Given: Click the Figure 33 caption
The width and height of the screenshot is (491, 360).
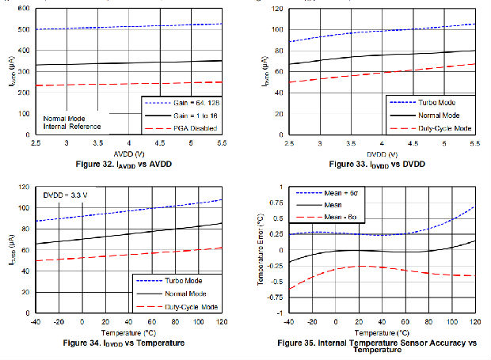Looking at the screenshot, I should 371,163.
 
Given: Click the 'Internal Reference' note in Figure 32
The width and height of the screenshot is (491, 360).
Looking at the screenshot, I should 73,127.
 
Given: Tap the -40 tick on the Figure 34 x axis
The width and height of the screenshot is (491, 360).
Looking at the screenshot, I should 35,324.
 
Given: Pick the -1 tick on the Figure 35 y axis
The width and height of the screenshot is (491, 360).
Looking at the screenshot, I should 278,313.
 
